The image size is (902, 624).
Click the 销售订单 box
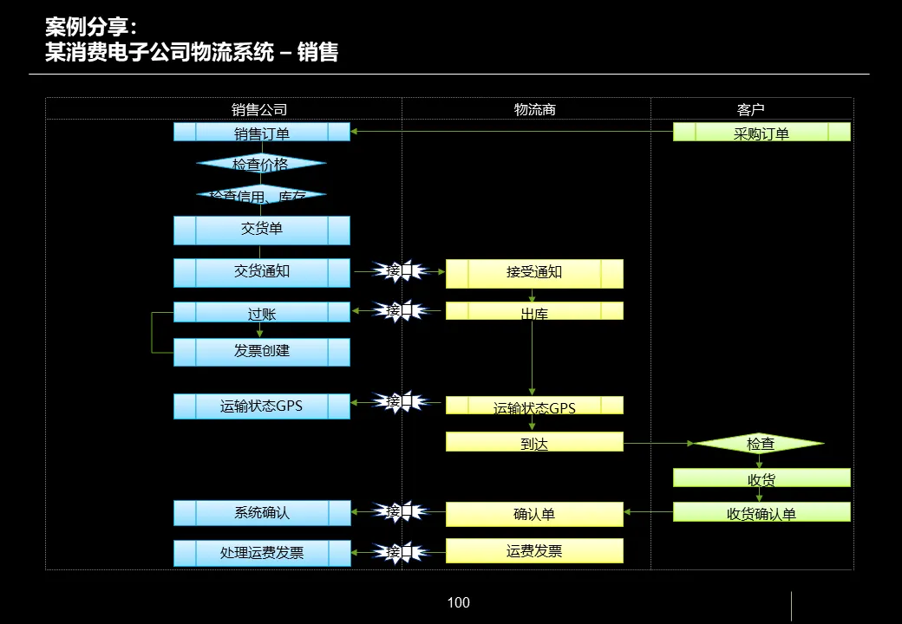(x=262, y=133)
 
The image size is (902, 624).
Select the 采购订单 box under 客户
(x=761, y=133)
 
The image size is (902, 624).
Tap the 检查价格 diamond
(x=261, y=163)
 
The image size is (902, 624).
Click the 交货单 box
(x=262, y=230)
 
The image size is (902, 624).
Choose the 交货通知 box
(x=262, y=272)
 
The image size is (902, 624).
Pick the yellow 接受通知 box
(x=534, y=273)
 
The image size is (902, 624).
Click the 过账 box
(x=262, y=312)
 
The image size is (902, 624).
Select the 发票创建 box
(x=262, y=352)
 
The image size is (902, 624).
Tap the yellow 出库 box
(x=534, y=311)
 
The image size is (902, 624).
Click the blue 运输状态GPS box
(x=262, y=406)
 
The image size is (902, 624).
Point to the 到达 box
(x=534, y=442)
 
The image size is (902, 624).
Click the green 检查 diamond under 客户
(x=760, y=444)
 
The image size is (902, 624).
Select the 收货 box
(x=761, y=478)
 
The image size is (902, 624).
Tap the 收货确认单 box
(x=761, y=512)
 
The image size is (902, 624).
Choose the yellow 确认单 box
(x=534, y=514)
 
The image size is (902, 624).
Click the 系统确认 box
(x=262, y=513)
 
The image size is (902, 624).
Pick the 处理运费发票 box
(x=262, y=553)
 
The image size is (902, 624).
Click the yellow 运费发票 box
(x=534, y=551)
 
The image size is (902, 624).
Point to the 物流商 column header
(x=534, y=110)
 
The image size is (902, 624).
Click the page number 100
(x=458, y=603)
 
